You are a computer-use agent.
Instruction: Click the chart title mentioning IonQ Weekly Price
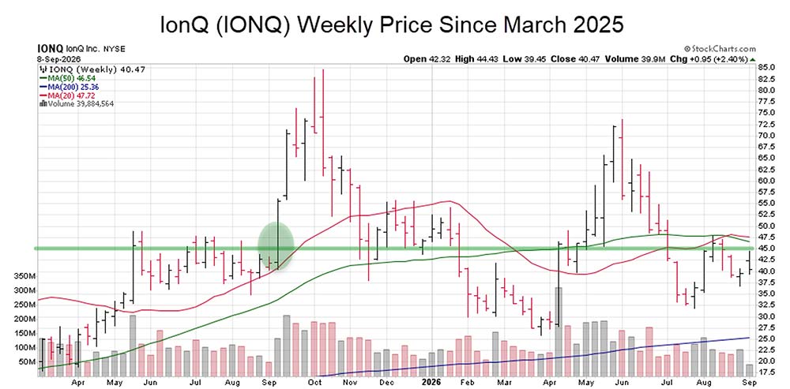coord(392,24)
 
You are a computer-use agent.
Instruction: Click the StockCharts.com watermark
coord(720,49)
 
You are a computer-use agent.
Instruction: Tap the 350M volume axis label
coord(24,276)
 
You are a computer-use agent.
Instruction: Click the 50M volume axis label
coord(27,362)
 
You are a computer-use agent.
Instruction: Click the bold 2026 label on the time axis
coord(431,382)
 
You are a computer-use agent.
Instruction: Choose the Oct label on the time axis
coord(315,382)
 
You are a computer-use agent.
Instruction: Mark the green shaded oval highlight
coord(276,247)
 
